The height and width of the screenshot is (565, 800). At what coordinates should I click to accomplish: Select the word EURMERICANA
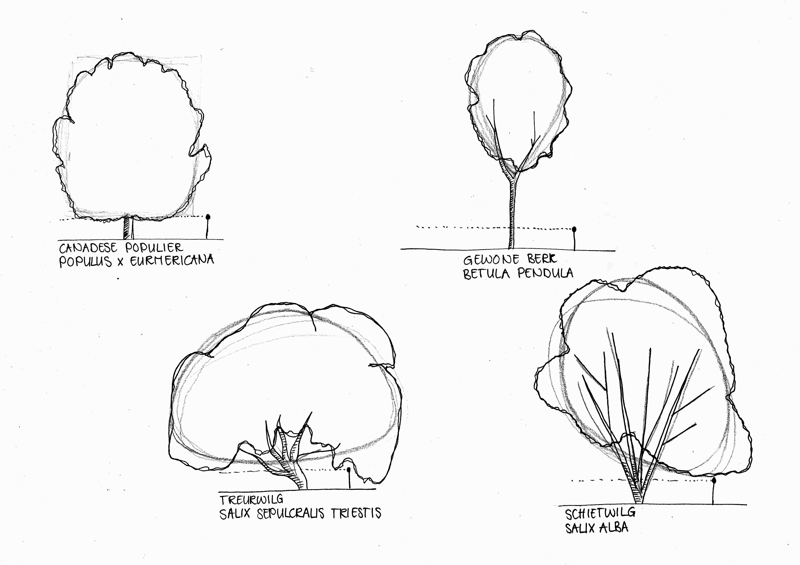pyautogui.click(x=172, y=260)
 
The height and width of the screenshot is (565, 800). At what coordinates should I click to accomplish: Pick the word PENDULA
pyautogui.click(x=545, y=273)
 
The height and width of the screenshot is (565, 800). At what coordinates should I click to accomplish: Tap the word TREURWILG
pyautogui.click(x=251, y=500)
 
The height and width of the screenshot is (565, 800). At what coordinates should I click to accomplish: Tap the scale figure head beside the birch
pyautogui.click(x=574, y=229)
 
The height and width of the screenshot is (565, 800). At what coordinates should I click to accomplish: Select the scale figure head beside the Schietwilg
pyautogui.click(x=714, y=481)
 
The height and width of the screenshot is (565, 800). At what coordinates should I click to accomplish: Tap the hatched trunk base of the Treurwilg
pyautogui.click(x=300, y=481)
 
